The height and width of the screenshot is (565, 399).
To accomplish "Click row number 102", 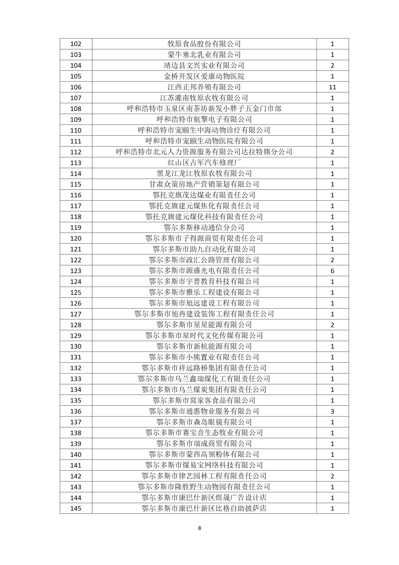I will [76, 44].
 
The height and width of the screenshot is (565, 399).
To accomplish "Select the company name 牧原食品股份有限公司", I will [204, 44].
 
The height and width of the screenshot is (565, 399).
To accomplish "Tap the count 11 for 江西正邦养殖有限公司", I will [332, 87].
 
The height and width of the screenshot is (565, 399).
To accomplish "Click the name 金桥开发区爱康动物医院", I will [204, 76].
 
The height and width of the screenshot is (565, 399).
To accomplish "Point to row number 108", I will [76, 109].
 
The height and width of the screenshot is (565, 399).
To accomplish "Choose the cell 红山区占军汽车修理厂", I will [204, 163].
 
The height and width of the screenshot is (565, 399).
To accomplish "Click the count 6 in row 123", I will [332, 271].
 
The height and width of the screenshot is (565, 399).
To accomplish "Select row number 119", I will [76, 228].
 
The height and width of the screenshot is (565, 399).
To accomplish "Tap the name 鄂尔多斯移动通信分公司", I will [204, 228].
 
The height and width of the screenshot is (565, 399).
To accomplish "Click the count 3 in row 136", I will [332, 411].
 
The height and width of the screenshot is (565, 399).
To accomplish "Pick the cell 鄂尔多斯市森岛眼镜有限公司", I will [204, 422].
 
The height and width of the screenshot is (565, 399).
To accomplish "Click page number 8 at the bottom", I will [200, 528].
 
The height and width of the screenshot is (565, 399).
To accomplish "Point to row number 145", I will [76, 508].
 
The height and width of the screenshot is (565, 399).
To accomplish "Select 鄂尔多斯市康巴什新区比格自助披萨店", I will [204, 508].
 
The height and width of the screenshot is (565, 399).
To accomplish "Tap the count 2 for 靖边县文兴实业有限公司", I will [332, 65].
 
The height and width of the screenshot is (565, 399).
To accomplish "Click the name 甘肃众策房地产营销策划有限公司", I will [204, 184].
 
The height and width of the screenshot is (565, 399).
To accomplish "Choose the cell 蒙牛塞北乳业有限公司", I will [204, 55].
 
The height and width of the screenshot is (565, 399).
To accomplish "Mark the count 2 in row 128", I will [332, 325].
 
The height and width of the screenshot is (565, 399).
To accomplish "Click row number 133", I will [76, 379].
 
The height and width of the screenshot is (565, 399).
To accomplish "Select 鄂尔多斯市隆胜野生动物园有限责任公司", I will [204, 487].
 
